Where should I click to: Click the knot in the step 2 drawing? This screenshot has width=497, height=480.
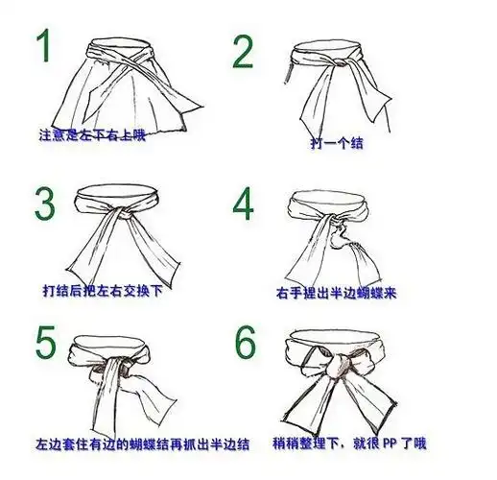[x=337, y=63]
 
